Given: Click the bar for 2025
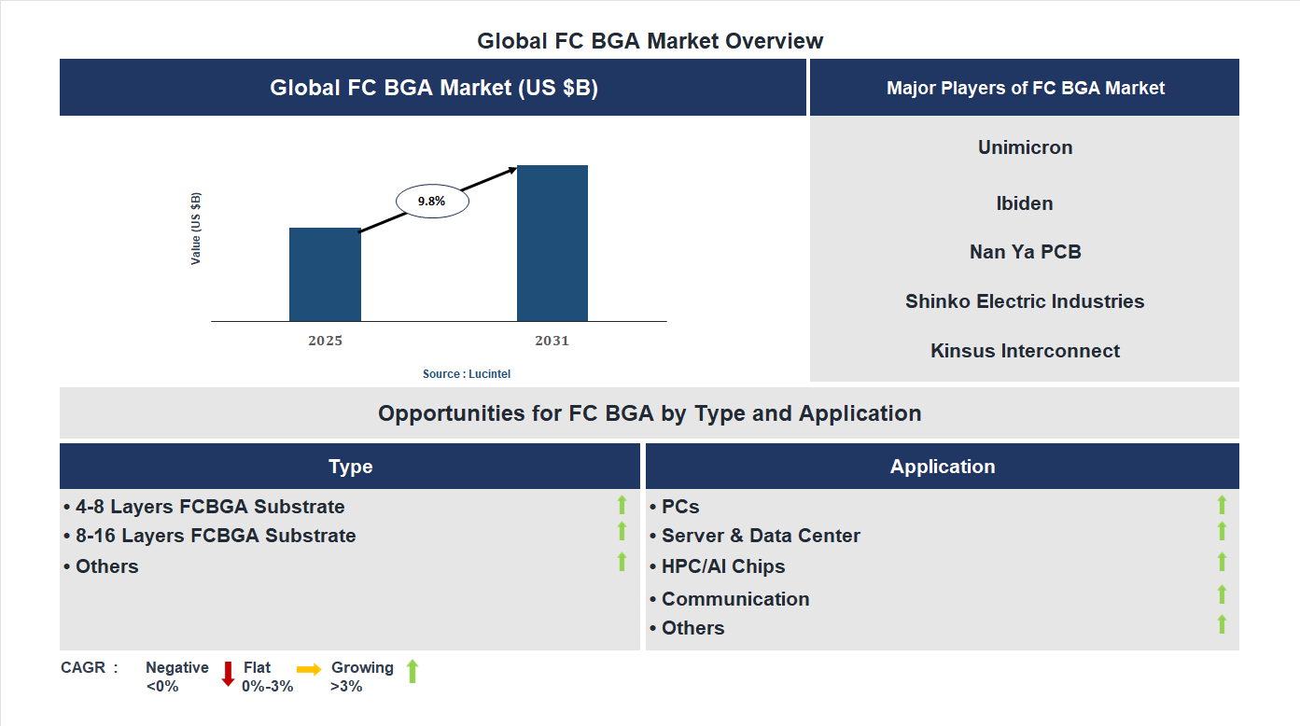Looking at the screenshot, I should tap(325, 274).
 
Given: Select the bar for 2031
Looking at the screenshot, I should tap(552, 244).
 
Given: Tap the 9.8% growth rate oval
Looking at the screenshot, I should tap(432, 201).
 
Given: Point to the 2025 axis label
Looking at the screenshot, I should tap(325, 341).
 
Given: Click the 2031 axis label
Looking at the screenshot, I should tap(552, 341).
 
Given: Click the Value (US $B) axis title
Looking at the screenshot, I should tap(196, 229).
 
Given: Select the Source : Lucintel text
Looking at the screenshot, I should tap(467, 373).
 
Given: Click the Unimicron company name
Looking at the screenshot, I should tap(1025, 147).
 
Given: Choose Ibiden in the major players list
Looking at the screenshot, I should tap(1025, 203).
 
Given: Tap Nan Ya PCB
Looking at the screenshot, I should tap(1025, 252).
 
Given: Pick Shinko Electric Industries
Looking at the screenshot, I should tap(1025, 301).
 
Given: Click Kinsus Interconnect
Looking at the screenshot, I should tap(1025, 351).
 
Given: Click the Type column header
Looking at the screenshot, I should tap(350, 467).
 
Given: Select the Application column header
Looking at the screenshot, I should tap(942, 467).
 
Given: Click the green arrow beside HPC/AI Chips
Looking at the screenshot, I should tap(1222, 562).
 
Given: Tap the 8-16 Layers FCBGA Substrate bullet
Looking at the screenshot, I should tap(210, 536).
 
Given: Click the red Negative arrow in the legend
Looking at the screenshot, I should tap(228, 674).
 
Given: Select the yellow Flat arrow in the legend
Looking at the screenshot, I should tap(309, 669).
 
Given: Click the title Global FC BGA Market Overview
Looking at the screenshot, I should tap(650, 41).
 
